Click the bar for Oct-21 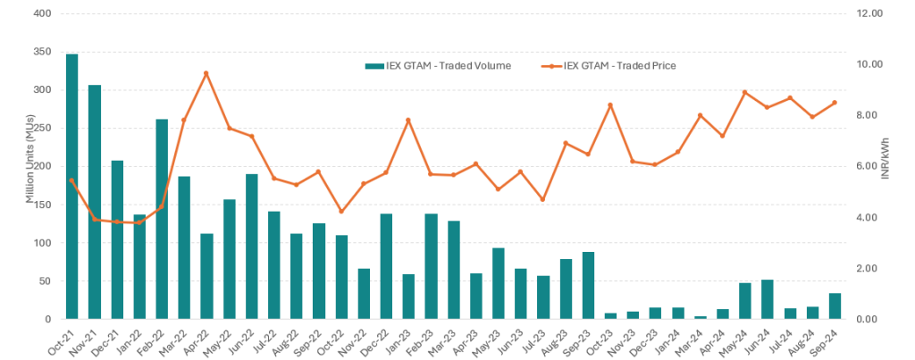click(x=71, y=187)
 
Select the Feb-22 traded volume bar click(x=162, y=219)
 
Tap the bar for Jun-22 click(x=251, y=247)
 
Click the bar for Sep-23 click(x=588, y=286)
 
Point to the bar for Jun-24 click(x=768, y=299)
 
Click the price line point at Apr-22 click(x=206, y=73)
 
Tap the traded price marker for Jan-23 click(x=408, y=120)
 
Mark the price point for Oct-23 click(x=610, y=105)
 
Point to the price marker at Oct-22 click(x=341, y=212)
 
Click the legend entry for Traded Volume click(x=438, y=65)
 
